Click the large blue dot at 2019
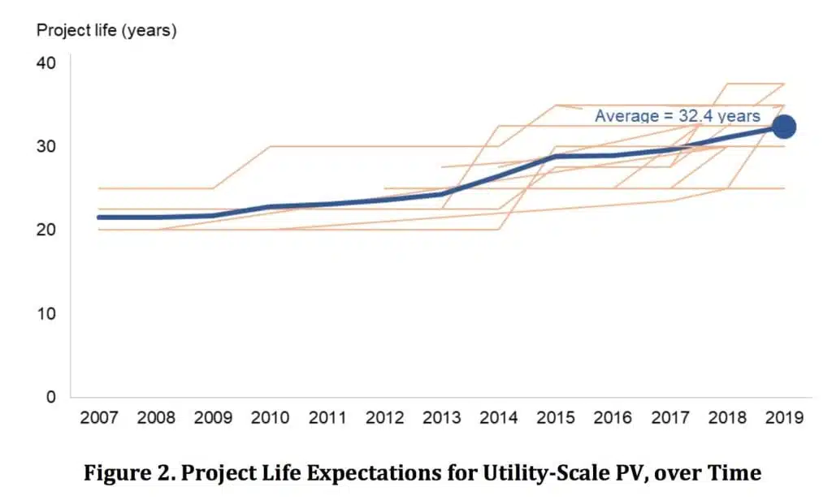click(x=784, y=127)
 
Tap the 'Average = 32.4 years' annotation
click(x=677, y=116)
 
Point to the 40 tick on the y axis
click(x=47, y=62)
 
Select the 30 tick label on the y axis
click(x=47, y=146)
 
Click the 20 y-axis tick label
click(x=47, y=230)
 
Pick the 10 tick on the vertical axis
click(x=47, y=313)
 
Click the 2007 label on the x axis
click(x=98, y=418)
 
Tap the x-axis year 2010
click(x=270, y=418)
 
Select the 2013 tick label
click(x=441, y=418)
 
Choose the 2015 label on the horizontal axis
click(x=556, y=418)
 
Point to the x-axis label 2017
click(x=669, y=418)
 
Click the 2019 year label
click(x=784, y=418)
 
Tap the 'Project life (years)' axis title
click(x=106, y=31)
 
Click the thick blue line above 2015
click(x=556, y=156)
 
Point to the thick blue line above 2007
click(x=98, y=217)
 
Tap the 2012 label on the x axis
click(x=384, y=418)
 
